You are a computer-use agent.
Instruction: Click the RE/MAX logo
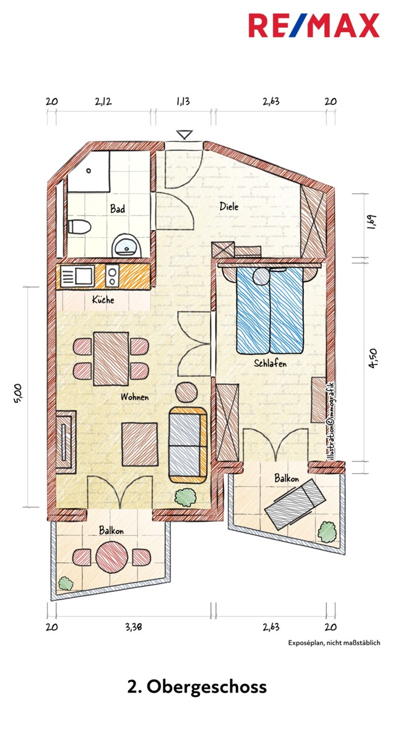(314, 25)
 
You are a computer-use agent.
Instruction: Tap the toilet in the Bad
(79, 226)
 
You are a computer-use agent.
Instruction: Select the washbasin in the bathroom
(126, 245)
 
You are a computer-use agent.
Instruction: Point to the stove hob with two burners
(112, 277)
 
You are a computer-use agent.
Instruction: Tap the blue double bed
(269, 310)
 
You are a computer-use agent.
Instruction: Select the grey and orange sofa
(188, 444)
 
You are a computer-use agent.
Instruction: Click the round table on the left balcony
(112, 557)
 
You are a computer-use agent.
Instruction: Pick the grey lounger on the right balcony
(295, 504)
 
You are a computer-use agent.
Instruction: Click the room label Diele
(229, 206)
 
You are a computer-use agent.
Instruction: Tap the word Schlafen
(270, 364)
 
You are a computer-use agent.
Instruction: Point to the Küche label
(103, 300)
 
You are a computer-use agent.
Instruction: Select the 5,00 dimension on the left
(18, 394)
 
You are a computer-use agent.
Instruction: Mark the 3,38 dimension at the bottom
(134, 628)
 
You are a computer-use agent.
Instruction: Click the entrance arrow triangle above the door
(184, 134)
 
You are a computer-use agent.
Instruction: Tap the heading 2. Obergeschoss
(197, 687)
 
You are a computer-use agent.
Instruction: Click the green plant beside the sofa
(186, 496)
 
